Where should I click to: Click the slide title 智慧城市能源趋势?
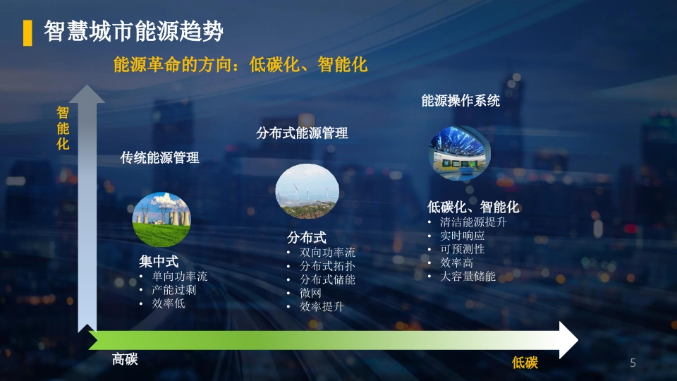133,31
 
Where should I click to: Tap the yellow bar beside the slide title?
28,33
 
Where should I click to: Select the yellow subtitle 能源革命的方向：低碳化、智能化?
240,65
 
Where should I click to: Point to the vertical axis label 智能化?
63,128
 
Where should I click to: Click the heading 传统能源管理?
160,157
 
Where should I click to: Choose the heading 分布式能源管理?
302,133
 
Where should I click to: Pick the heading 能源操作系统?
461,101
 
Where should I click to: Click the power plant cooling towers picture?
161,219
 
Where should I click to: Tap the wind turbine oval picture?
307,191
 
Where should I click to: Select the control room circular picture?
459,153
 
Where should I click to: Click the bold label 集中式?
159,261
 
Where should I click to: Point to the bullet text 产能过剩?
173,290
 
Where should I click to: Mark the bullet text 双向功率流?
327,253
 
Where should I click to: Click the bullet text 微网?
310,293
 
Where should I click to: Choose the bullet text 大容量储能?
468,276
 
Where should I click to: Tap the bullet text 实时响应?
462,236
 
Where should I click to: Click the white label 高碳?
125,359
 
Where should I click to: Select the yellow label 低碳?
525,363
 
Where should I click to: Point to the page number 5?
633,363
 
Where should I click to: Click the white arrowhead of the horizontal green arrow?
568,340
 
